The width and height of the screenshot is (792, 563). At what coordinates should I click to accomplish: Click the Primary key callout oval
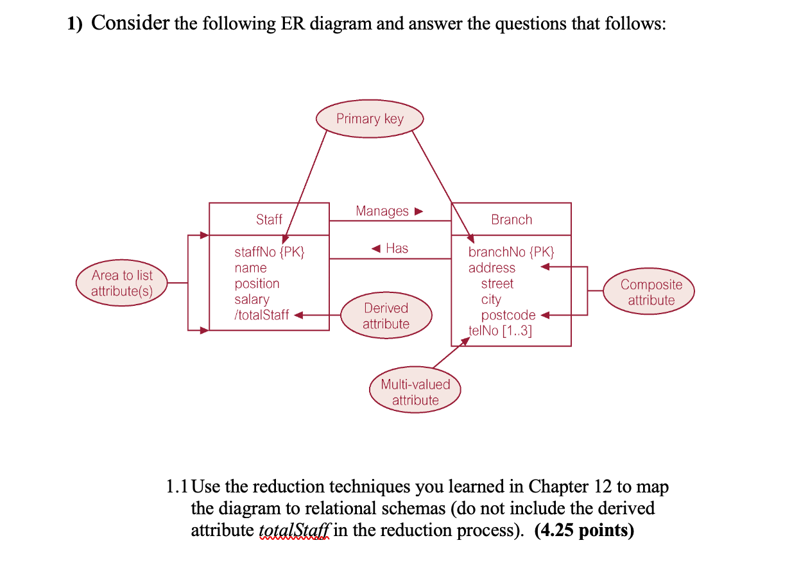(x=370, y=119)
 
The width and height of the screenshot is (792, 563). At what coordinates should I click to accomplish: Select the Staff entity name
(x=269, y=219)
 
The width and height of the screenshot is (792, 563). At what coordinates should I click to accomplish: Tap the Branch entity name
(x=512, y=219)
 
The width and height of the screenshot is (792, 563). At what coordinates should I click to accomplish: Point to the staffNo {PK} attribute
(x=270, y=252)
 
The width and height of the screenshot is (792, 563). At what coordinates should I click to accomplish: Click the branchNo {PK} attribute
(x=511, y=252)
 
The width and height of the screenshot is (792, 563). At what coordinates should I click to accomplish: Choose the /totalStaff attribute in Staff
(x=262, y=315)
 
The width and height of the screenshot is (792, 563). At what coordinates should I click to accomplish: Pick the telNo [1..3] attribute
(x=501, y=331)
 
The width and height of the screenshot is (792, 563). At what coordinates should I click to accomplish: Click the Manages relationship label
(x=383, y=211)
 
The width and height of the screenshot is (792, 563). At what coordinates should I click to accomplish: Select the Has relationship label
(x=397, y=248)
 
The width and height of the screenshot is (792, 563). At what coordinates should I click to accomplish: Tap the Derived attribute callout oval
(x=386, y=315)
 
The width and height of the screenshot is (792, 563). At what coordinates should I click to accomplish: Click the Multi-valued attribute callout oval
(x=415, y=392)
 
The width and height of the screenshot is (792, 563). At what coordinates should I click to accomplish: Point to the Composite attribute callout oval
(x=651, y=292)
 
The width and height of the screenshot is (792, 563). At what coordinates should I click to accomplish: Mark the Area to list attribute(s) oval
(x=122, y=283)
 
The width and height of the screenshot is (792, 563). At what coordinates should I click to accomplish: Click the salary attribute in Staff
(x=252, y=299)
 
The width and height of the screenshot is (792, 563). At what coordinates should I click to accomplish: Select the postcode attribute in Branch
(x=508, y=315)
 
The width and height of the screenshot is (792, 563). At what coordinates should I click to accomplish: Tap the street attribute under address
(x=497, y=283)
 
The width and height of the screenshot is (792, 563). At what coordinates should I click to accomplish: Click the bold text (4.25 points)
(x=583, y=530)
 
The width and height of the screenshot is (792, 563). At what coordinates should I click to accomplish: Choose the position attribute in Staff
(x=257, y=283)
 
